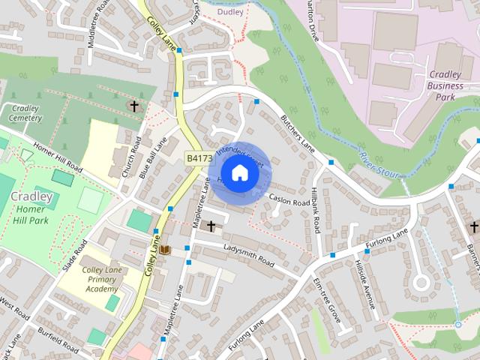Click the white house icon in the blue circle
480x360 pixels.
[238, 173]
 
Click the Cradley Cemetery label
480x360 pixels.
[25, 113]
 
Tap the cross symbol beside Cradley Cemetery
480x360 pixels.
[135, 106]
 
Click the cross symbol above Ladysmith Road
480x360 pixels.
[211, 225]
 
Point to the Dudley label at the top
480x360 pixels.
[231, 12]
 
